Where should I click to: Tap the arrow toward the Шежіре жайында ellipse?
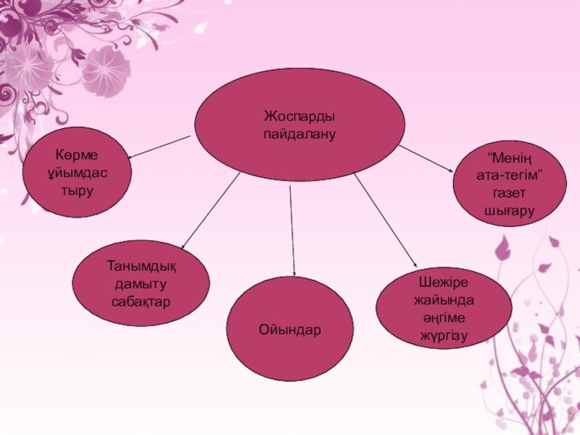(386, 221)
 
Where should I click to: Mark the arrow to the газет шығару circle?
(426, 158)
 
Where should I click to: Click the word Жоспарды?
(300, 117)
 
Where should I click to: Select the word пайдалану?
(300, 134)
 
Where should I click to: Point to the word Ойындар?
(290, 330)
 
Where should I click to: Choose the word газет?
(509, 193)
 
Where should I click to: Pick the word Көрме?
(77, 155)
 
